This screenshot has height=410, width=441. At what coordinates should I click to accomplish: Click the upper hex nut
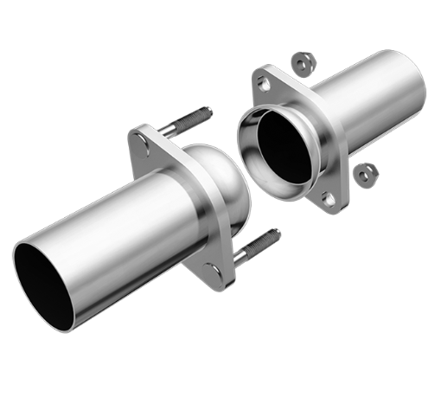point(303,63)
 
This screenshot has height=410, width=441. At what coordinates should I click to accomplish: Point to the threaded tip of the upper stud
point(205,112)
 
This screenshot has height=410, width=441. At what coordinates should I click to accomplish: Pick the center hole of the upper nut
point(303,63)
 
